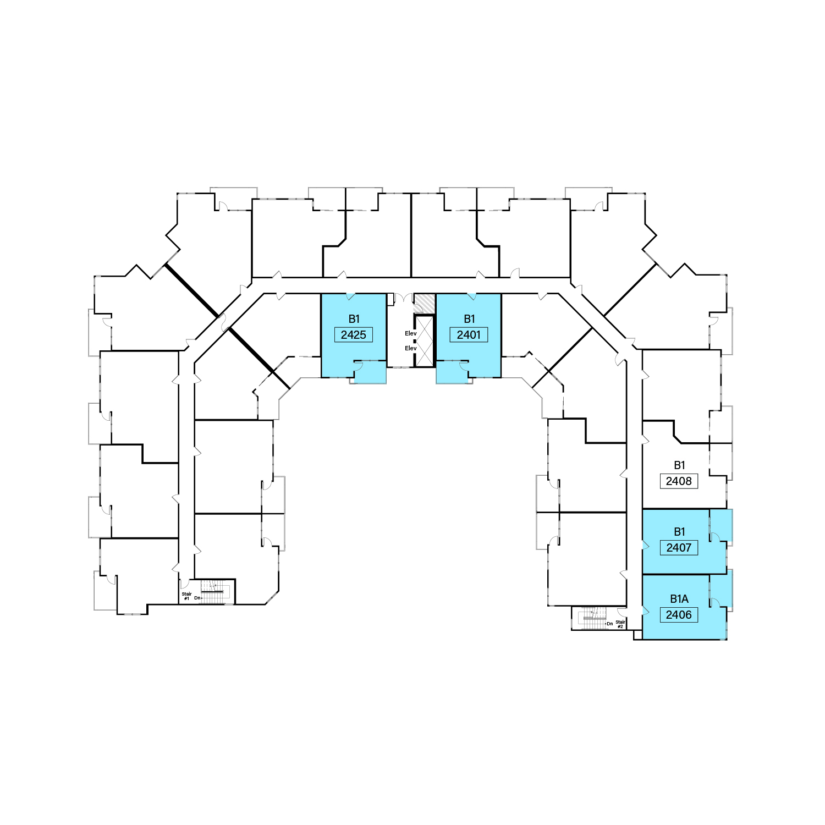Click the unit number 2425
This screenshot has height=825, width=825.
[353, 335]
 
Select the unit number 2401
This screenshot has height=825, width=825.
[469, 335]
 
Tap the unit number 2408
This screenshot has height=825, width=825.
[679, 481]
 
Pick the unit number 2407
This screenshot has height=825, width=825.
[679, 548]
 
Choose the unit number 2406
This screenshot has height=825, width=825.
[679, 615]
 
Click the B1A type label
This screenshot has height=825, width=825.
[679, 599]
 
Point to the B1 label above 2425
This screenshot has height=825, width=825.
[354, 319]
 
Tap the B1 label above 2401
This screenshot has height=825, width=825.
[469, 319]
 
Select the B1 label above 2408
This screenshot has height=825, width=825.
[679, 465]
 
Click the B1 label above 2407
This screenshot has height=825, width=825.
[679, 532]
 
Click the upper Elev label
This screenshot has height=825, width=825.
[411, 333]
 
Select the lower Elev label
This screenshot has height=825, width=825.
[411, 348]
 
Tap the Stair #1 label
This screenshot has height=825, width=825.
[186, 596]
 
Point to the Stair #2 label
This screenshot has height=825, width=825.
[620, 624]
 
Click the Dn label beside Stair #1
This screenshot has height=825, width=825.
[197, 598]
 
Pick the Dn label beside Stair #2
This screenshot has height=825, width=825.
[609, 624]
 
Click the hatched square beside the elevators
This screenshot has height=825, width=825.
[424, 303]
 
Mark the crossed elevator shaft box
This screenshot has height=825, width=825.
[425, 341]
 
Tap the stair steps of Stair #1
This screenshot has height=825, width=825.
[212, 592]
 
